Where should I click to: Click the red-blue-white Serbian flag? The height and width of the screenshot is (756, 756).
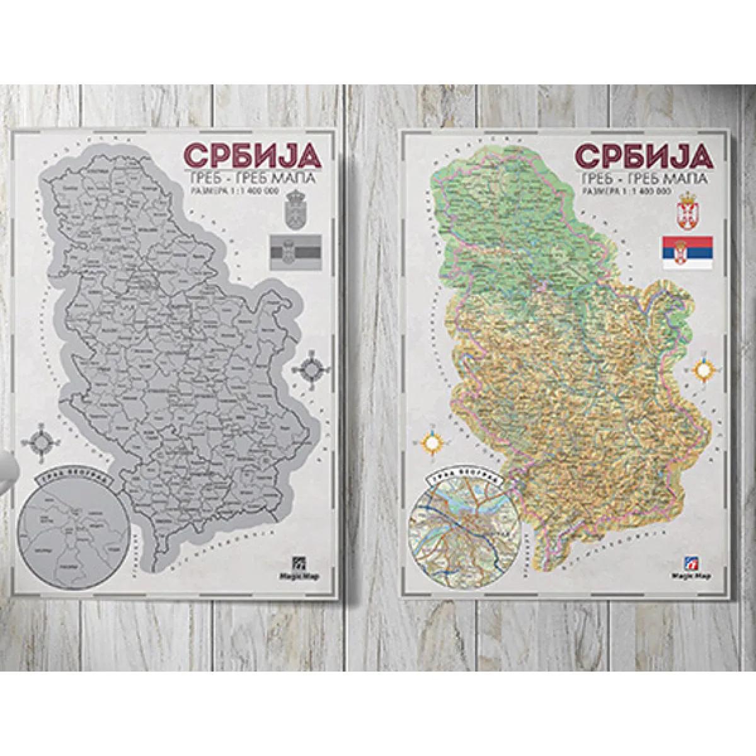pyautogui.click(x=687, y=250)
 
